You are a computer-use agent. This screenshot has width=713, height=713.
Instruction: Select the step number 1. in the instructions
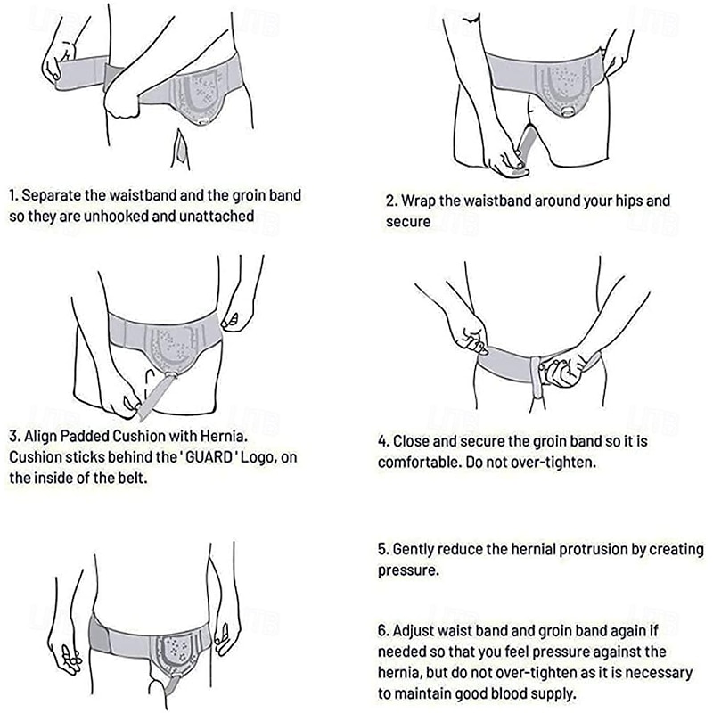(x=13, y=194)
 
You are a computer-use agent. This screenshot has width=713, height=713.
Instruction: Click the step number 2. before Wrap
(x=390, y=201)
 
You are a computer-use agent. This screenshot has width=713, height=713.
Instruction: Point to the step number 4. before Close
(x=383, y=440)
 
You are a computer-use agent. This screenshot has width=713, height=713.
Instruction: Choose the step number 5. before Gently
(x=383, y=550)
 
